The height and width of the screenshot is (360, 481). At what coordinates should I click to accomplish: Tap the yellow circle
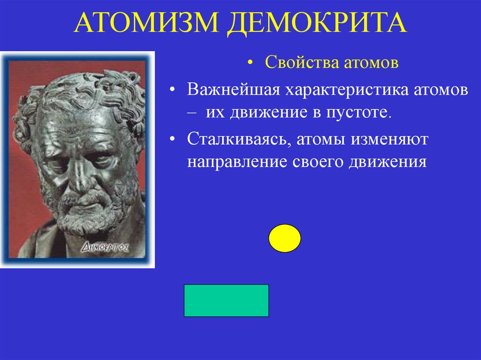[285, 238]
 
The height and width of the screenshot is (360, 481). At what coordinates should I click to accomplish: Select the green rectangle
[226, 300]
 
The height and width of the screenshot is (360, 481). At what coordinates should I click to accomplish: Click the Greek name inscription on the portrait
[106, 246]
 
